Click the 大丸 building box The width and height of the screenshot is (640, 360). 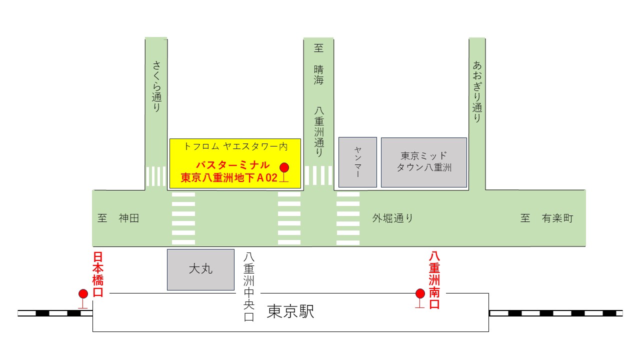(x=200, y=269)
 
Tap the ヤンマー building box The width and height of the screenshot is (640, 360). (x=357, y=162)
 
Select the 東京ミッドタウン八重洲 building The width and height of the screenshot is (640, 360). (x=424, y=162)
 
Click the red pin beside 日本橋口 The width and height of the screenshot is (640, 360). (x=83, y=294)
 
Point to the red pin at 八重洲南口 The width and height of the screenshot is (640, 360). (x=420, y=293)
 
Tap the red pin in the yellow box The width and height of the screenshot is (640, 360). (x=284, y=167)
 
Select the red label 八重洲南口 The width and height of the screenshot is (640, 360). (x=434, y=280)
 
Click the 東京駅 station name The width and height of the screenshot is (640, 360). (x=290, y=312)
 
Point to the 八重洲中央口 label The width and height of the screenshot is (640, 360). (x=248, y=286)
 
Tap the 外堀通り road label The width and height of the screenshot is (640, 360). (x=392, y=218)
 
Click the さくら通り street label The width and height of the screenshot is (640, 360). (x=156, y=85)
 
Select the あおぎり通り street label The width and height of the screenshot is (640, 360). (x=477, y=91)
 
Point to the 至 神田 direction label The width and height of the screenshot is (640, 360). (x=118, y=218)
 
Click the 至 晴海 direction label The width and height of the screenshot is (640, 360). (x=318, y=64)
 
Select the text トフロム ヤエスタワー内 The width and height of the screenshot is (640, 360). (x=235, y=146)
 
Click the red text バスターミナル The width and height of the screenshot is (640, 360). (x=233, y=165)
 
